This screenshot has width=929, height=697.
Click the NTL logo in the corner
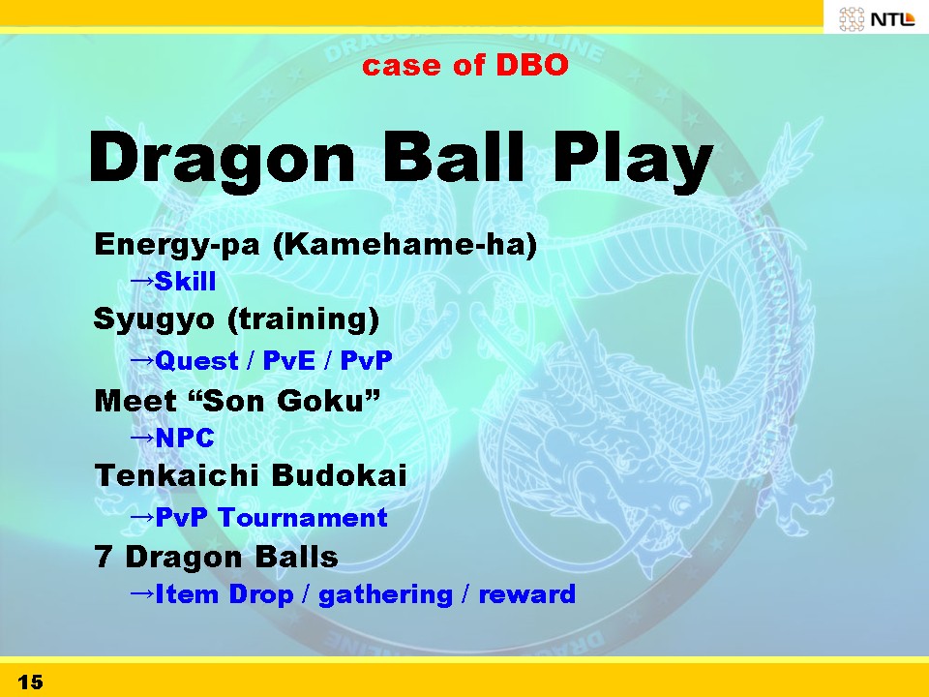point(877,18)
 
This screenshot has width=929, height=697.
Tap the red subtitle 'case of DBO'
point(465,65)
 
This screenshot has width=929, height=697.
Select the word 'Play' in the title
point(633,160)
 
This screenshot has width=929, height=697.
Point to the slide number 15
point(30,682)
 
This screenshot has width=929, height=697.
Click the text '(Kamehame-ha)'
point(405,244)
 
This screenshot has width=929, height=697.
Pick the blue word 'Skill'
point(185,281)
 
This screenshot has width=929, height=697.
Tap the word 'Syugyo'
point(154,320)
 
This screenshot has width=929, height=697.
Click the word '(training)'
point(303,319)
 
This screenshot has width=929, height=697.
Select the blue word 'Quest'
point(196,360)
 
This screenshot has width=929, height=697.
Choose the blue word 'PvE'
point(288,360)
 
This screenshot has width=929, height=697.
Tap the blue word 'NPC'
point(184,438)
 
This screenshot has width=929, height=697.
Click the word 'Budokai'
point(340,475)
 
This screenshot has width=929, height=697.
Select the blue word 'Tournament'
point(302,517)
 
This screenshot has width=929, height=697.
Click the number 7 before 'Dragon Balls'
point(104,558)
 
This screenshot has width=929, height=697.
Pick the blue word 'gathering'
point(386,595)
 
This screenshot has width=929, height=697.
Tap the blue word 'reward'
point(526,593)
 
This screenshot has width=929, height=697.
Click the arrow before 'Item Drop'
point(141,592)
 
